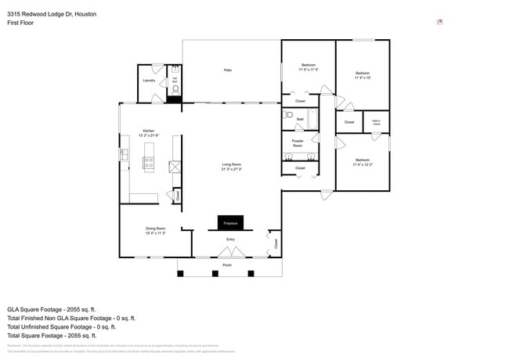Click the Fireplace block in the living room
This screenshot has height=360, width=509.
point(230,223)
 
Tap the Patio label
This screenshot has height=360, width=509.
point(228,70)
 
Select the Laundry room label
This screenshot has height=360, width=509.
point(149,80)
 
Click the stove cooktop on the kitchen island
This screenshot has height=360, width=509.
point(148,163)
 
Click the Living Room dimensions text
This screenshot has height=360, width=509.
point(231,169)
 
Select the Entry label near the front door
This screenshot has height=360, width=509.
point(230,239)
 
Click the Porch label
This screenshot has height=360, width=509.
point(227,265)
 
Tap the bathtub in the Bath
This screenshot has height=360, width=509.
point(312,119)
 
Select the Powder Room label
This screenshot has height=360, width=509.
point(298,144)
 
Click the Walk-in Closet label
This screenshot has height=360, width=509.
point(377,122)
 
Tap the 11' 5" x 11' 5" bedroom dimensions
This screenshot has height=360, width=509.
point(309,70)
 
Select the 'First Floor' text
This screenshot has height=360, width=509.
point(20,23)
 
